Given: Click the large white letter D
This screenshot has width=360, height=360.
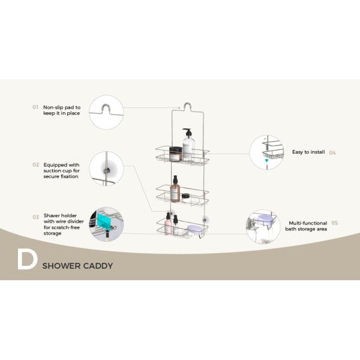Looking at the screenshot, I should tap(27, 260).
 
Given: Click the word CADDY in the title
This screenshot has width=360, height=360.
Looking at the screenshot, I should tap(99, 266).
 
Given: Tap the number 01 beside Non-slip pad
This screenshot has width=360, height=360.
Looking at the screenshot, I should tap(35, 107).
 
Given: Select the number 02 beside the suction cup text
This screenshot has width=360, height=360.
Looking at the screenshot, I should tap(36, 164).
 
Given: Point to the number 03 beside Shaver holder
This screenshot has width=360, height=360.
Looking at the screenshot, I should tap(36, 217).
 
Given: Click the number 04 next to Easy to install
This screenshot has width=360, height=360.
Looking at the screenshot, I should tap(332, 152).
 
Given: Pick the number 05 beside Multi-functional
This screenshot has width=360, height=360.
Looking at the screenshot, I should tap(335, 223).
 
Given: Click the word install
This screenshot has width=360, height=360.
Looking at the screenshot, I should tap(316, 152).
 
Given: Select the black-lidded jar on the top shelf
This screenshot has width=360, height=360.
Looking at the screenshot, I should tap(175, 154).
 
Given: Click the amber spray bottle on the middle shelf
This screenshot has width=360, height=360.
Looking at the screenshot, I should tap(175, 190).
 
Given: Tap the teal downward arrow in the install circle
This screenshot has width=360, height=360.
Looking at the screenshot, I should tap(266, 160).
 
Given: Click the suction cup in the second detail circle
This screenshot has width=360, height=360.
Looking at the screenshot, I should tap(106, 170).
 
